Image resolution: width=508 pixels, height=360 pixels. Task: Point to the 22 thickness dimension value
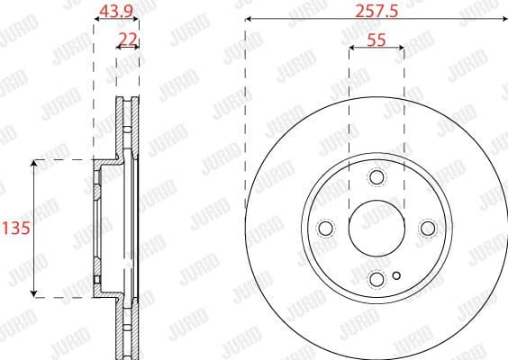click(128, 38)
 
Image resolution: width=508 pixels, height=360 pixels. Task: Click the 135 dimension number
click(16, 228)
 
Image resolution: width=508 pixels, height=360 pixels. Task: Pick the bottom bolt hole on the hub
click(376, 280)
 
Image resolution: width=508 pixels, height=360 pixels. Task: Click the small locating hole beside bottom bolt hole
click(396, 275)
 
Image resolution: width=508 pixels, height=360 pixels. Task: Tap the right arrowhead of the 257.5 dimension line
click(503, 20)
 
